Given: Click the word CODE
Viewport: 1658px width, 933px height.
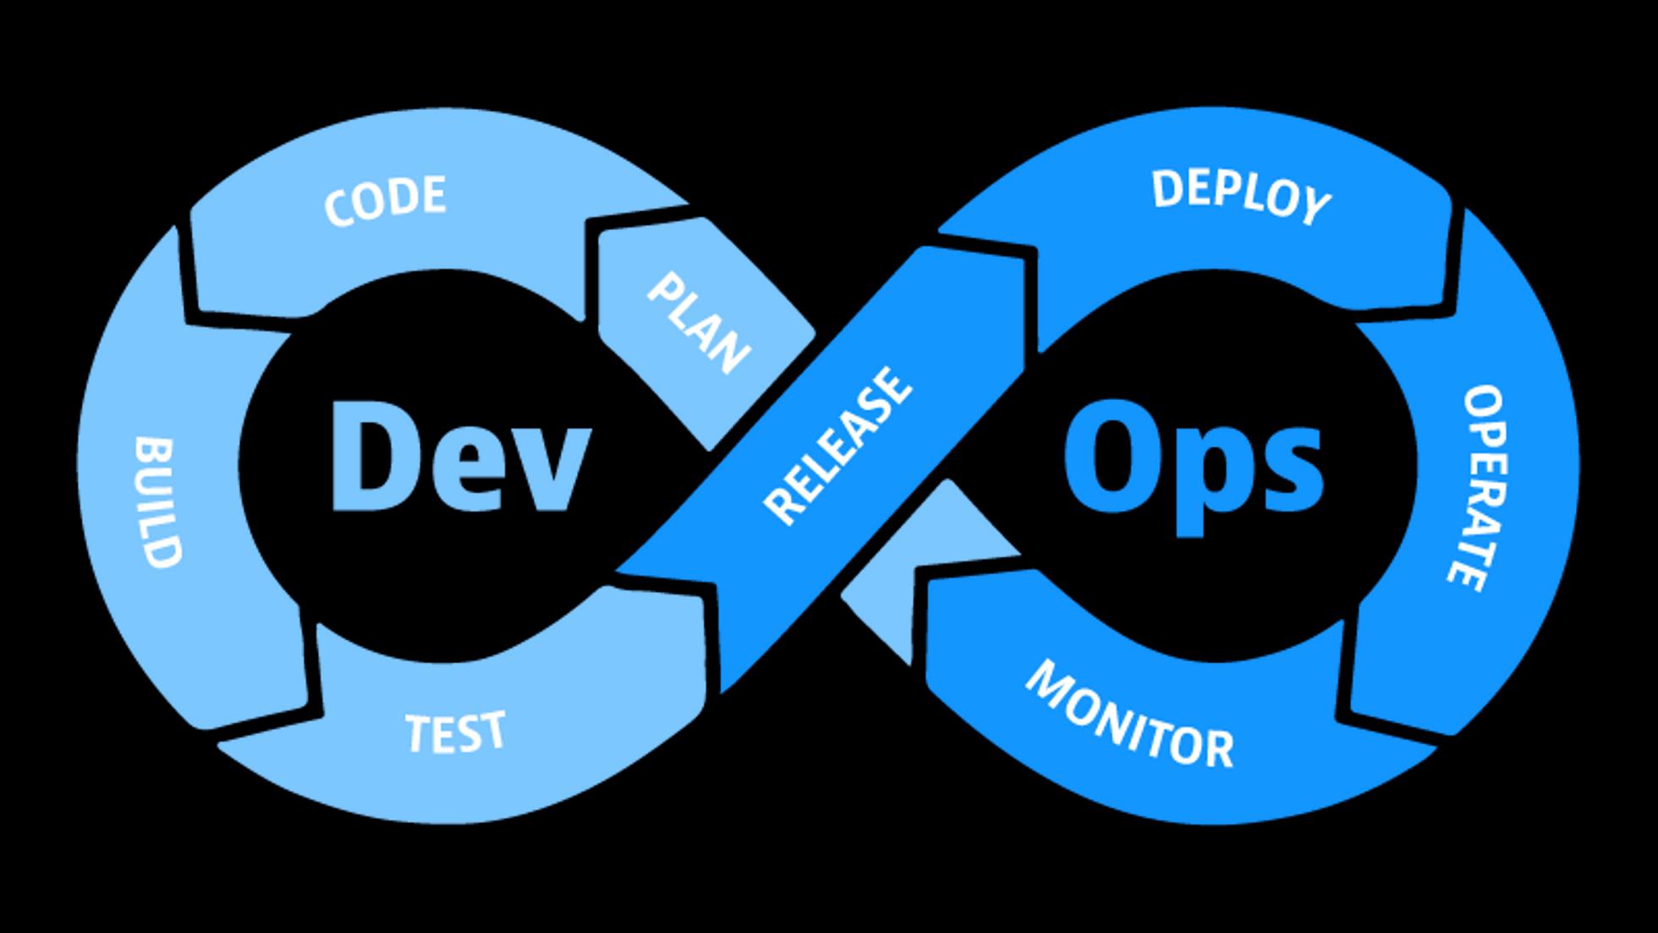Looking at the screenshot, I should click(x=385, y=200).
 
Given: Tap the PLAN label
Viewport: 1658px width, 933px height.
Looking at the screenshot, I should click(x=699, y=323).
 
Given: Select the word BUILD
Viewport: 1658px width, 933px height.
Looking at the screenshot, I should click(x=158, y=502).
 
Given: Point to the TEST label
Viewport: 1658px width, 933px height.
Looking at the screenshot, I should click(x=456, y=733).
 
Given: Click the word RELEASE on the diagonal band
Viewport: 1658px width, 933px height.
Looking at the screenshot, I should click(x=837, y=446).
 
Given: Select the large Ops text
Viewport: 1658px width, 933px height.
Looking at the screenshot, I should click(x=1192, y=466).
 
